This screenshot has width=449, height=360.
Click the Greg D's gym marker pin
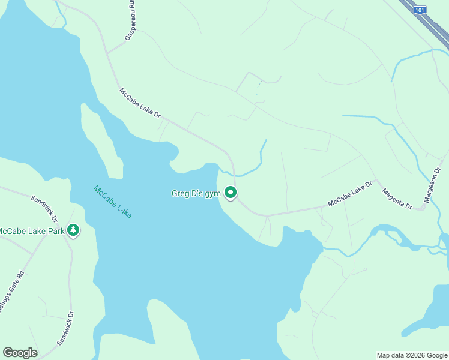(231, 193)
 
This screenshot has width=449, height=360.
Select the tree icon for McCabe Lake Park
(73, 230)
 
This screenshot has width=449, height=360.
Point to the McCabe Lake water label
(112, 202)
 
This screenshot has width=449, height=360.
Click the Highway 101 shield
(421, 10)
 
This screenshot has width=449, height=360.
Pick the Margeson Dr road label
(433, 185)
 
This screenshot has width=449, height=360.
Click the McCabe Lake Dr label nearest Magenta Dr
(351, 194)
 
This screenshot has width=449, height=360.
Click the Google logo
(20, 353)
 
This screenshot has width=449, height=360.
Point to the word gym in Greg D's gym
(212, 193)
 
